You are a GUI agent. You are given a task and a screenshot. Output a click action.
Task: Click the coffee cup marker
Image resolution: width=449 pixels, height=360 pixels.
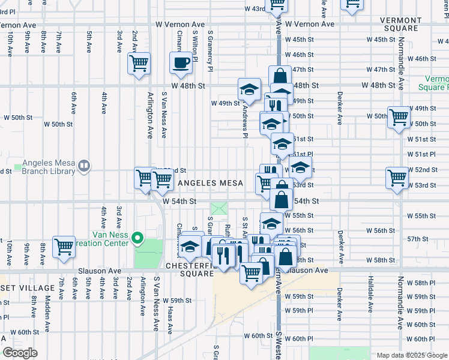181,63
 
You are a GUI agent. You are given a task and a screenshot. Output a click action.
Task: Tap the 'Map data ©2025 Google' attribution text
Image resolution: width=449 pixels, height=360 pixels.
411,355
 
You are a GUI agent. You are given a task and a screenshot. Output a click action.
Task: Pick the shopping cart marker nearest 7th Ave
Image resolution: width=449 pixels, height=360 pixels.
64,247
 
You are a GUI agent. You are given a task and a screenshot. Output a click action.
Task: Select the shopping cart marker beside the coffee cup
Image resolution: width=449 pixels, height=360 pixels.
139,63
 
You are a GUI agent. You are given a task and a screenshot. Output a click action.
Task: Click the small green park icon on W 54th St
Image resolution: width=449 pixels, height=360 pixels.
218,209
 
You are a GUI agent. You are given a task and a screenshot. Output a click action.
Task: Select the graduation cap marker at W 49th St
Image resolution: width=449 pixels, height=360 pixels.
249,89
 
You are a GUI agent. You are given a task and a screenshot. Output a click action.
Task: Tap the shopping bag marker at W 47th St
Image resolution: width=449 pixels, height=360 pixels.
280,76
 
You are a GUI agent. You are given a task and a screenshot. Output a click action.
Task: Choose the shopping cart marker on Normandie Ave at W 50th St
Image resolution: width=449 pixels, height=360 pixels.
399,117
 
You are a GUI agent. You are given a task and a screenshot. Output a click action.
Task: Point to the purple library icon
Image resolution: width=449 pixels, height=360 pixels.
85,166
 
